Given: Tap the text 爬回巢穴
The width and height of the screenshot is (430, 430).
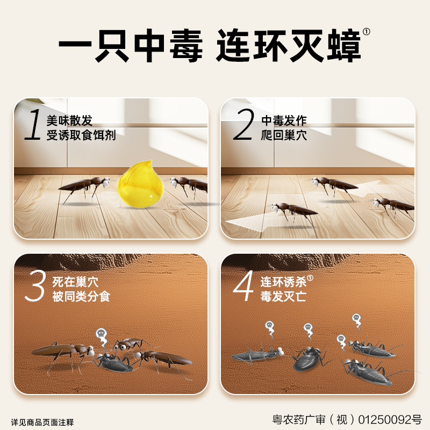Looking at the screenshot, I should (x=284, y=135).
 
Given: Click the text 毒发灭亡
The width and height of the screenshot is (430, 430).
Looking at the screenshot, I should (x=284, y=297).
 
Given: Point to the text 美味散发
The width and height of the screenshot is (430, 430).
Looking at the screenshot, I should (x=69, y=120).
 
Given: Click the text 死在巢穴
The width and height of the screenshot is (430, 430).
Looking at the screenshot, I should (x=75, y=281).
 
